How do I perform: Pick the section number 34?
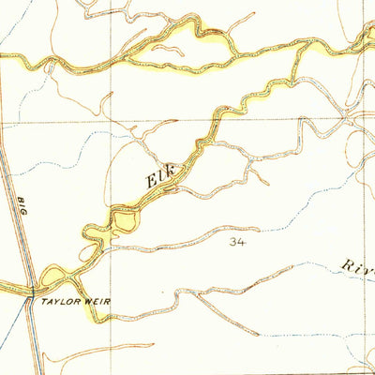point(236,242)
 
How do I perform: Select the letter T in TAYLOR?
point(43,302)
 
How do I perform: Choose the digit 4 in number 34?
point(241,242)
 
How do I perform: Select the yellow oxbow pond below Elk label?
point(125,221)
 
